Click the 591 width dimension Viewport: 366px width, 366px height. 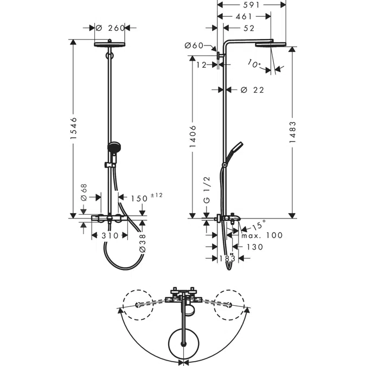pos(251,5)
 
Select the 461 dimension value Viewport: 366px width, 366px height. pos(244,16)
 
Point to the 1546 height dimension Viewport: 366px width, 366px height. pos(73,129)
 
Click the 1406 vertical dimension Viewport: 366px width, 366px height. pos(193,136)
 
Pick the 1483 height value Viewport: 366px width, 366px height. pos(292,132)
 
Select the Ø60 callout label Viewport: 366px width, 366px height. pos(194,46)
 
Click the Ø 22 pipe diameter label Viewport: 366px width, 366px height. pos(252,90)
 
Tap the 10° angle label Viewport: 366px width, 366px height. pos(254,63)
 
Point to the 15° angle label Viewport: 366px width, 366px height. pos(259,224)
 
